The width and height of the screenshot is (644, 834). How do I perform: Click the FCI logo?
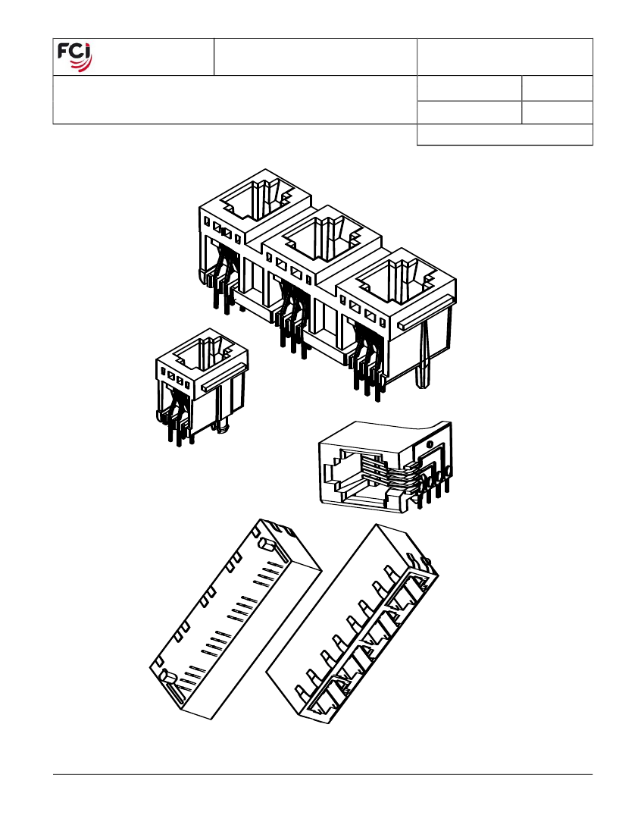[x=74, y=57]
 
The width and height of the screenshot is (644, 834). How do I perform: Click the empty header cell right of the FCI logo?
[x=316, y=57]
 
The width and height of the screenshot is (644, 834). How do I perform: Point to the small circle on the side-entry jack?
[x=430, y=444]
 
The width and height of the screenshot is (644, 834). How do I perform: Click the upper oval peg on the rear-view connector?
[x=266, y=544]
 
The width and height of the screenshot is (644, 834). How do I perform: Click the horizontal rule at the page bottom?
[x=323, y=774]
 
